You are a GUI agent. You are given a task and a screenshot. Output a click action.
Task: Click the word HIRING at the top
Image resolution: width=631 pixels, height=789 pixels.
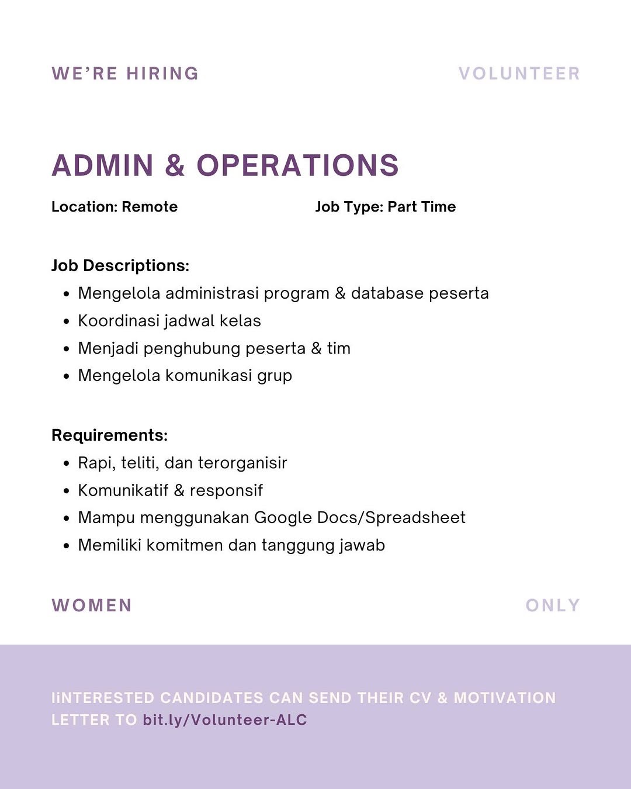pyautogui.click(x=162, y=74)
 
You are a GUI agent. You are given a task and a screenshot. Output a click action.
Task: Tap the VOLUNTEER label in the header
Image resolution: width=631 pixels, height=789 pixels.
pyautogui.click(x=519, y=74)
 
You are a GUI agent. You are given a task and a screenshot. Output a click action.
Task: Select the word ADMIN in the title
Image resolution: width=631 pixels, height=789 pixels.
pyautogui.click(x=102, y=165)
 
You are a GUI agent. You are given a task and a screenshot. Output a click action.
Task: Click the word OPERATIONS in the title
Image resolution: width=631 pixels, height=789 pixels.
pyautogui.click(x=297, y=165)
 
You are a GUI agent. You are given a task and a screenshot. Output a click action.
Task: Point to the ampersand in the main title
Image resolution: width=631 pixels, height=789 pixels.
pyautogui.click(x=175, y=165)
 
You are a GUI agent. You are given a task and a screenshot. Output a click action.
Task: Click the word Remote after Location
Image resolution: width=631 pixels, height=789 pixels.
pyautogui.click(x=150, y=207)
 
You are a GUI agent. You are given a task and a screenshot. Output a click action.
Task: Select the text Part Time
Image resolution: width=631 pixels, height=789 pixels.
pyautogui.click(x=421, y=207)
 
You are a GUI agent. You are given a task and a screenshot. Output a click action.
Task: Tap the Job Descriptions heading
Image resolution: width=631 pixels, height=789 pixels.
pyautogui.click(x=120, y=266)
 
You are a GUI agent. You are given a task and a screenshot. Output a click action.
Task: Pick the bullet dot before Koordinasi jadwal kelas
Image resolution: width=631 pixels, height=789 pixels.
pyautogui.click(x=67, y=321)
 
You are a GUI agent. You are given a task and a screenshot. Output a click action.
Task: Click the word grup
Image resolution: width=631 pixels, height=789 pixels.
pyautogui.click(x=275, y=376)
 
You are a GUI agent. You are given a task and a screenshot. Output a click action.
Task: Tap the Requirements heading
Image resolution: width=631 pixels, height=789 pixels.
pyautogui.click(x=109, y=435)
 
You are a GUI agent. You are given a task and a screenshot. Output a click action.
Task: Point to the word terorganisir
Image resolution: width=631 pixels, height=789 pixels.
pyautogui.click(x=242, y=463)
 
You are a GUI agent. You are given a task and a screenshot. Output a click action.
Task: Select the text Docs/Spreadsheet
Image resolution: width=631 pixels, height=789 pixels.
pyautogui.click(x=391, y=518)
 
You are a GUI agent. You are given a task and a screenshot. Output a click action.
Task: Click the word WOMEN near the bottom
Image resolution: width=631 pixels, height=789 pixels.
pyautogui.click(x=92, y=605)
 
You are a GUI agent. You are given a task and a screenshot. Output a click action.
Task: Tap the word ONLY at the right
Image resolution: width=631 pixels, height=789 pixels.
pyautogui.click(x=552, y=605)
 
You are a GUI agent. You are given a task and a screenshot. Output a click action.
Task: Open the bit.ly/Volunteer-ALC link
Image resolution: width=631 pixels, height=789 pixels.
pyautogui.click(x=225, y=720)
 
